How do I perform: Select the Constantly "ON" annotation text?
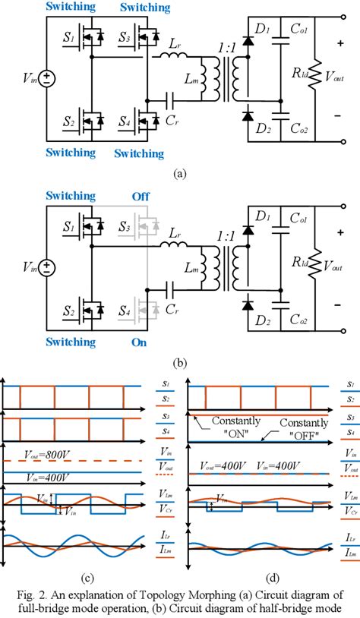point(235,426)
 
